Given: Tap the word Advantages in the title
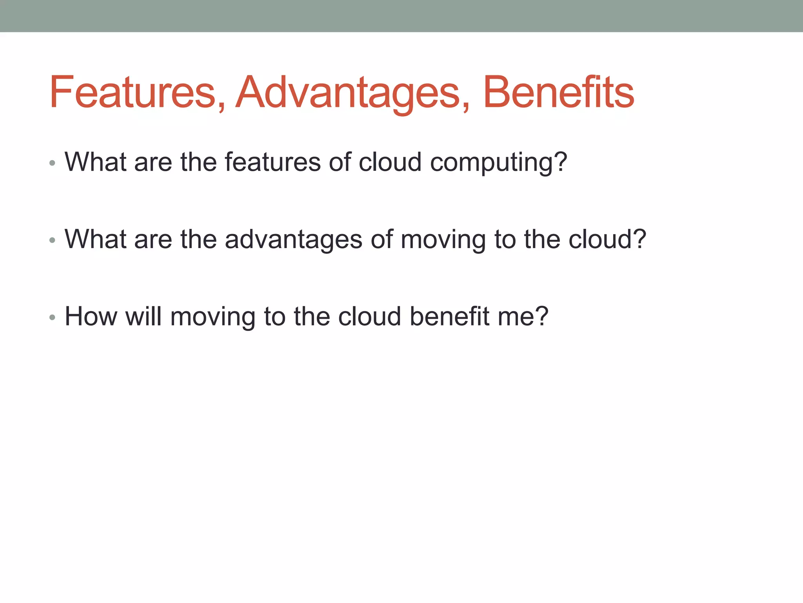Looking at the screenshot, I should pos(347,92).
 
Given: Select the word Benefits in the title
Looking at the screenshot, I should pos(558,92).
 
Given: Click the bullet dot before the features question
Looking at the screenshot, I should pos(53,163).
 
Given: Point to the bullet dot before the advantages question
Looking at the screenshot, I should pos(53,240).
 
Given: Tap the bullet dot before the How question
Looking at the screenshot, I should pos(53,318).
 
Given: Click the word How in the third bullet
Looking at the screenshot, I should pos(91,316).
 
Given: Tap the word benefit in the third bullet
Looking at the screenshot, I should pos(449,316).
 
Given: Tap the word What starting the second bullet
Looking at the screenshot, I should pos(95,239).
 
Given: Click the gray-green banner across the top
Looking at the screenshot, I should pos(401,16).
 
